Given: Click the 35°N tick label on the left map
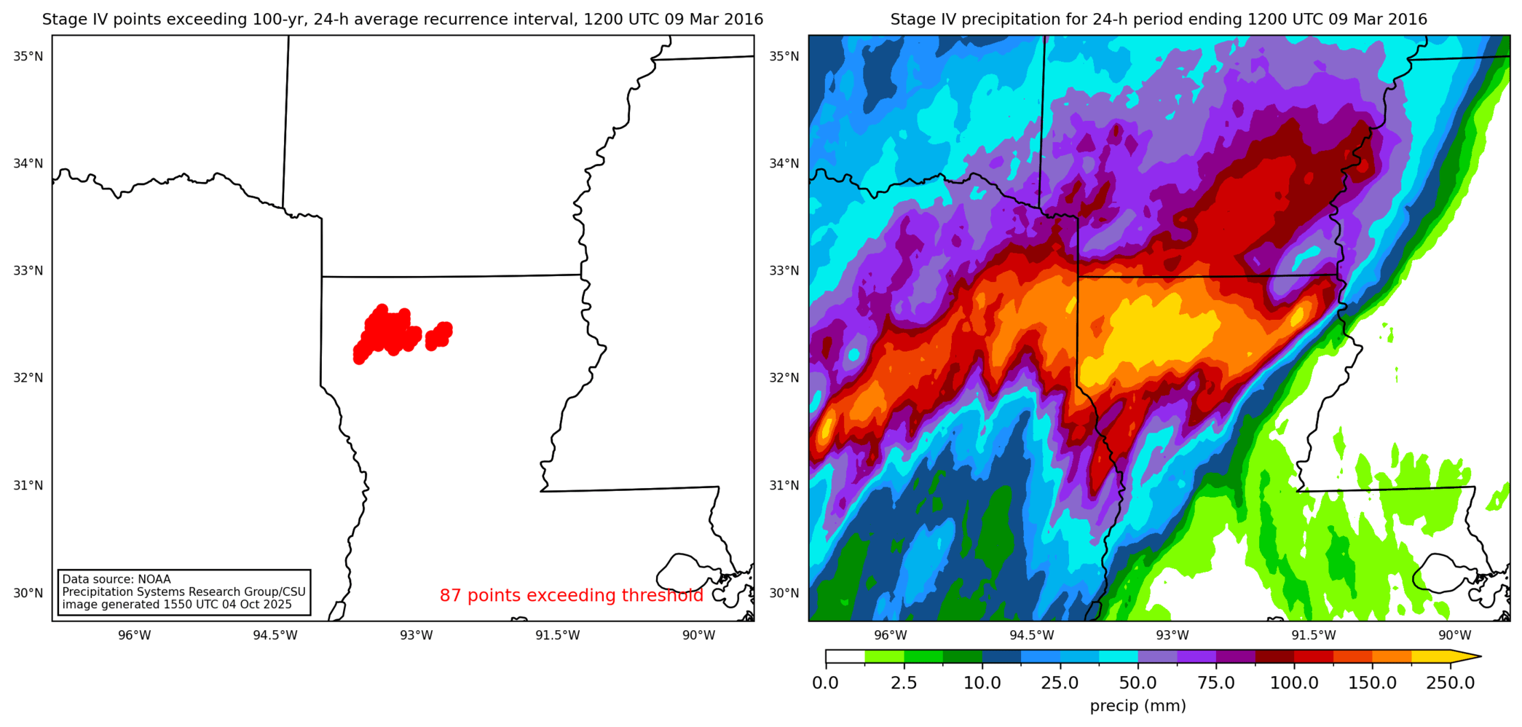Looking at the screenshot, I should (28, 56).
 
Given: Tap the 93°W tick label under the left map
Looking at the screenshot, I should (416, 635).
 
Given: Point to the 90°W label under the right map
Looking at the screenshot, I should (1454, 635).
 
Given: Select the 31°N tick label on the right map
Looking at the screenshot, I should (784, 486).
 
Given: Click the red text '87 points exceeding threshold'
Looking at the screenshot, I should (571, 595).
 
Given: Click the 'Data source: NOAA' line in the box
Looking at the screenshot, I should (117, 580).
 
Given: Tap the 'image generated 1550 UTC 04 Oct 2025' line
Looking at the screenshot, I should (177, 605).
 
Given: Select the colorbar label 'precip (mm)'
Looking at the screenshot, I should (1137, 706).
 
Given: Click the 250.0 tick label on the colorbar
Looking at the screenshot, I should (1450, 683).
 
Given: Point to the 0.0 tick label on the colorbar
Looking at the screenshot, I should (825, 683).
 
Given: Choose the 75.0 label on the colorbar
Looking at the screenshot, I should (1216, 683).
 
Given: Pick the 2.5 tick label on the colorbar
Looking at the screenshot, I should (904, 683).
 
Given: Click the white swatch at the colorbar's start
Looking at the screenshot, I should (845, 656).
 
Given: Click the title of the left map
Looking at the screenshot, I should (403, 20).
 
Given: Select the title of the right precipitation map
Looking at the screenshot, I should (1159, 20).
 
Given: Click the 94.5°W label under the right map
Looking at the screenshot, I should (1031, 635).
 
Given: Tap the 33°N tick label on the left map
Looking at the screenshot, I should (28, 271).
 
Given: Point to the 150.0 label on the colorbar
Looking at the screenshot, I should (1372, 683).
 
